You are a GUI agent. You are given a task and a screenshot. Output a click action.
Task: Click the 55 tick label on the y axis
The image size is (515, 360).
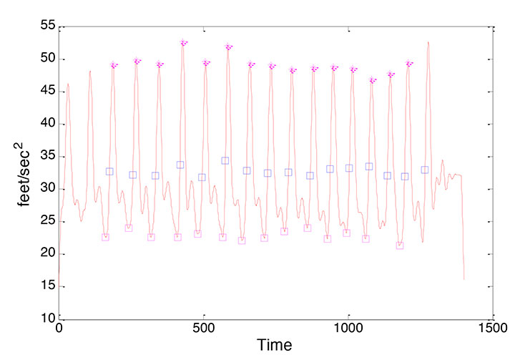pyautogui.click(x=46, y=26)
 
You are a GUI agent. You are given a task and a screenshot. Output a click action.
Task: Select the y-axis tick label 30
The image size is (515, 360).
pyautogui.click(x=46, y=189)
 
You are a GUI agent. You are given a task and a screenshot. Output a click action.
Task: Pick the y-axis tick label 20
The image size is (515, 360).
pyautogui.click(x=46, y=254)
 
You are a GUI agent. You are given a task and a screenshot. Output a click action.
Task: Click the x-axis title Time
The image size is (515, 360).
pyautogui.click(x=275, y=346)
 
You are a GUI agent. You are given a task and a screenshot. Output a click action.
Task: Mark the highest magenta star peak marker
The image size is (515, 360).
pyautogui.click(x=183, y=43)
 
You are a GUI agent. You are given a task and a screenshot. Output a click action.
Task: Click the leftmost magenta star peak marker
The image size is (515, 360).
pyautogui.click(x=114, y=65)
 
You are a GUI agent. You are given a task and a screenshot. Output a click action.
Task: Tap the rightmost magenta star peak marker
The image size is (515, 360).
pyautogui.click(x=409, y=64)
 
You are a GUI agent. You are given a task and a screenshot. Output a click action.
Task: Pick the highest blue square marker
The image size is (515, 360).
pyautogui.click(x=225, y=161)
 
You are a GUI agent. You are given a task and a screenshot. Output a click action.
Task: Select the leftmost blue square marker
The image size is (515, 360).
pyautogui.click(x=109, y=171)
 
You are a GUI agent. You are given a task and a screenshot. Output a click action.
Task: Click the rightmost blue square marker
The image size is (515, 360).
pyautogui.click(x=424, y=170)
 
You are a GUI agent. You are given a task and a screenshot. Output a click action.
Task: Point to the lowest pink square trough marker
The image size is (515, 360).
pyautogui.click(x=400, y=245)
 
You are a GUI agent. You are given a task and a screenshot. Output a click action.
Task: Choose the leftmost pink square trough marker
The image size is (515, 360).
pyautogui.click(x=105, y=237)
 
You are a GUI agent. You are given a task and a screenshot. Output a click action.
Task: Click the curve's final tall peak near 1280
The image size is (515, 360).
pyautogui.click(x=428, y=42)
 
